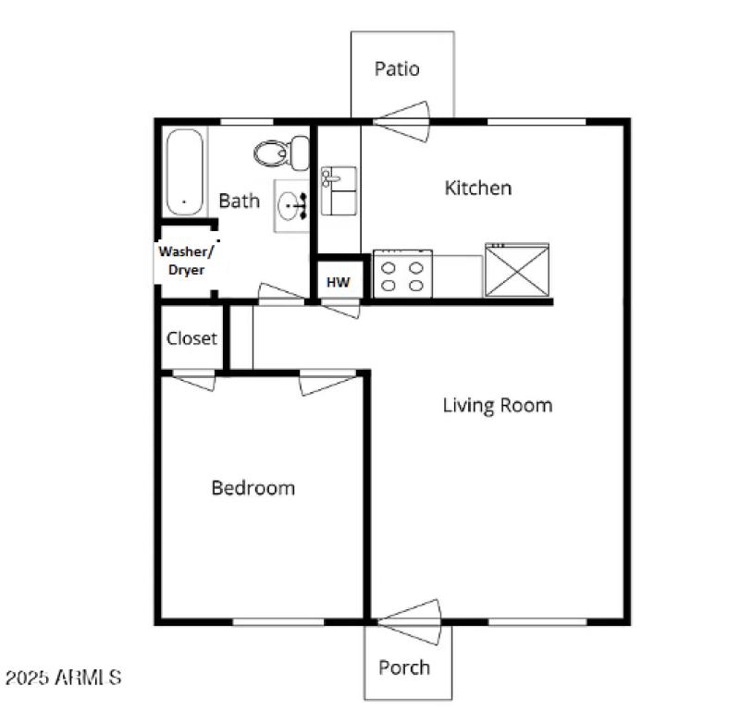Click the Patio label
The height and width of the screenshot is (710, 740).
point(397,68)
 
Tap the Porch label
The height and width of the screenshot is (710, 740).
point(404,667)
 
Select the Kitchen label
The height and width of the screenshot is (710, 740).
point(478,188)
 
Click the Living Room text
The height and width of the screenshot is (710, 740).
point(497,404)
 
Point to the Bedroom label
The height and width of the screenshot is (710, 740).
point(253,487)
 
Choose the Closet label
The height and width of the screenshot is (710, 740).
point(191,338)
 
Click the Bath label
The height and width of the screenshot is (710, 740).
point(239,200)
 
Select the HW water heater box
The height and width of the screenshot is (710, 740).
point(339,281)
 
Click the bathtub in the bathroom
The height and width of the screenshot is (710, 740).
point(185,172)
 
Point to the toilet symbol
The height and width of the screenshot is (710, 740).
point(282,153)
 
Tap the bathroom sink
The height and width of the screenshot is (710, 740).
point(293,206)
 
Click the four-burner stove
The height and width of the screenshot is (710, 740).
point(402,275)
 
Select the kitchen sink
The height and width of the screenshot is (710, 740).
point(338,190)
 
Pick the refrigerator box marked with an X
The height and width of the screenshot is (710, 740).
point(516,271)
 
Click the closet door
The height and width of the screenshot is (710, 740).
point(194,380)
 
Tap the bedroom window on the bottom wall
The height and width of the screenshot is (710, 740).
point(277,621)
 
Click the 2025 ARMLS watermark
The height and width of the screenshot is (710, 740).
point(63,678)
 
